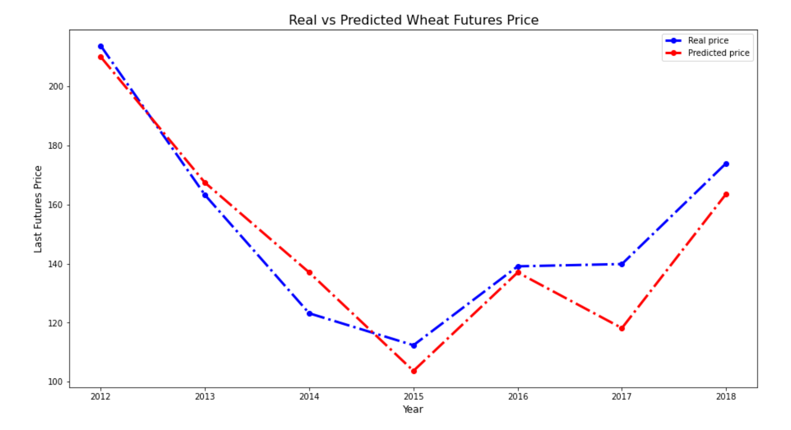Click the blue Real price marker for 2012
click(x=101, y=46)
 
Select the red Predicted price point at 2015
click(x=414, y=371)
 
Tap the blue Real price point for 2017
click(x=622, y=264)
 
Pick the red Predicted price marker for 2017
click(x=622, y=328)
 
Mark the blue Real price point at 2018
click(x=726, y=164)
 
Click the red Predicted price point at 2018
click(x=726, y=194)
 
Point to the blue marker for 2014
click(x=309, y=313)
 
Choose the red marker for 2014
click(x=309, y=273)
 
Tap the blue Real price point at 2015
click(x=414, y=345)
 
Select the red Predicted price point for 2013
click(x=205, y=182)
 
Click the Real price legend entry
click(x=697, y=41)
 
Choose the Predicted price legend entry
click(x=707, y=53)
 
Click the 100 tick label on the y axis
click(x=56, y=382)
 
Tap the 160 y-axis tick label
click(x=56, y=205)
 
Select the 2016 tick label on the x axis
click(x=518, y=397)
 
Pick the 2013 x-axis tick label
click(x=205, y=397)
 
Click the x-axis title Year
click(x=413, y=410)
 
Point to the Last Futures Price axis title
click(x=38, y=209)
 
